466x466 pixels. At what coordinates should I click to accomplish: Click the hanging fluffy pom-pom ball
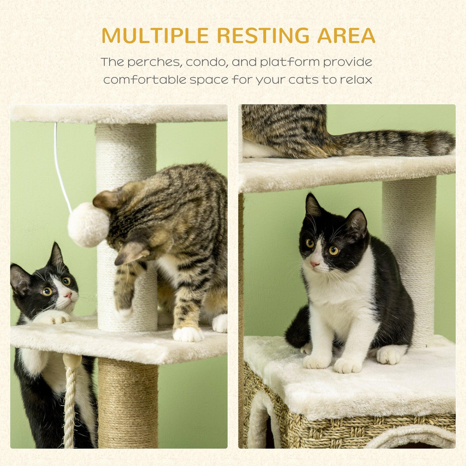pos(88,225)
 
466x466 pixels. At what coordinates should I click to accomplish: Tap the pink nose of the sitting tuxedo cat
pos(315,264)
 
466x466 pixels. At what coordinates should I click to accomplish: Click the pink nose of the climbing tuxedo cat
pos(68,295)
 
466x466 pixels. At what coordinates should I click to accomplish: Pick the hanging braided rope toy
pos(70,407)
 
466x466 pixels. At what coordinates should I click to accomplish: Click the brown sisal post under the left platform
pos(128,403)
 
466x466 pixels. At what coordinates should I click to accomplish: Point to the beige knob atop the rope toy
pos(72,361)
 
